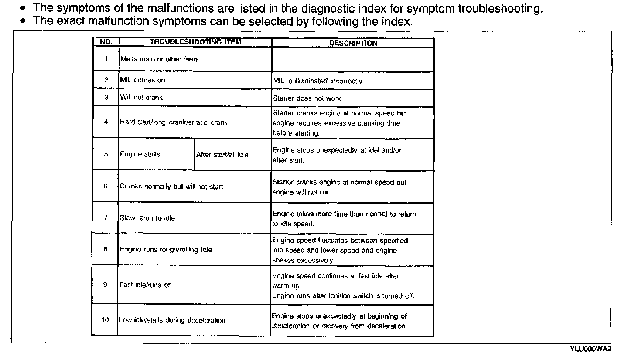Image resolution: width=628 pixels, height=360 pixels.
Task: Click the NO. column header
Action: coord(106,42)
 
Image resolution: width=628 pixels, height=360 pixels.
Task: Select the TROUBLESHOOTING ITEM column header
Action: coord(195,42)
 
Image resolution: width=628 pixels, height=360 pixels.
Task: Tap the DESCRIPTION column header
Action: coord(353,43)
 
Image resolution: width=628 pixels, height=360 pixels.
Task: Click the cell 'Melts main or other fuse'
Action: coord(159,59)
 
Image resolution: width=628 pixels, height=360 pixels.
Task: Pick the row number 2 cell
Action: coord(106,80)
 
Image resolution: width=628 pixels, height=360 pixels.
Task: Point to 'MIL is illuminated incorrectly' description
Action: coord(318,81)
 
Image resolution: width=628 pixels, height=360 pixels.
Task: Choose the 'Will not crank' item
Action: coord(141,98)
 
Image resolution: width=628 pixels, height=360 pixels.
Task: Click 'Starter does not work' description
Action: coord(307,98)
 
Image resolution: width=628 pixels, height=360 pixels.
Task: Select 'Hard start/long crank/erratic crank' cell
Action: coord(174,122)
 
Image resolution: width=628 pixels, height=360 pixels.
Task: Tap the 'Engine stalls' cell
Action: coord(140,154)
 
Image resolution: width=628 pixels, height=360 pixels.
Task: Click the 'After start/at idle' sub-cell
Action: coord(222,155)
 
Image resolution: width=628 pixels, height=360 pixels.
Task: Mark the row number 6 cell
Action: coord(106,187)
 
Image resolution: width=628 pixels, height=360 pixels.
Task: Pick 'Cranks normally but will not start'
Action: coord(171,187)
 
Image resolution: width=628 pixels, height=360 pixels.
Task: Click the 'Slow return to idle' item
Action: coord(147,218)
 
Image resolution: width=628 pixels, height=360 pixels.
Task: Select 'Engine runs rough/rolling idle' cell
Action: coord(166,250)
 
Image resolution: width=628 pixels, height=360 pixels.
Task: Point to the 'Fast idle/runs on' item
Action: coord(146,285)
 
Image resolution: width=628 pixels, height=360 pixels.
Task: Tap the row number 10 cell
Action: coord(105,320)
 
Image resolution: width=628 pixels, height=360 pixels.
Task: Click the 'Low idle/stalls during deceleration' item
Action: coord(173,320)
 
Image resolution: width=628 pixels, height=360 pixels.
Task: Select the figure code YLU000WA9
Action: coord(590,349)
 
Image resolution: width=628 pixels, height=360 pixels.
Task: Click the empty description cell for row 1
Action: coord(353,59)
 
